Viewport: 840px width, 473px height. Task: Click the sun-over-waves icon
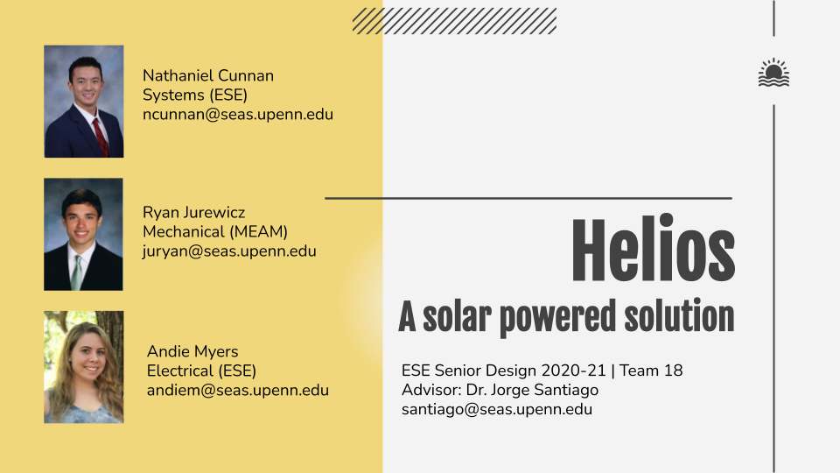(x=773, y=73)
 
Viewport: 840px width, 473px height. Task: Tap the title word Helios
(x=653, y=248)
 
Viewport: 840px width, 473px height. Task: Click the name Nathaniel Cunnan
(x=208, y=75)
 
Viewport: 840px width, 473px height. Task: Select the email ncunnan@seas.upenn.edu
(x=238, y=114)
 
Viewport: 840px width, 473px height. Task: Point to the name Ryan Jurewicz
(x=194, y=212)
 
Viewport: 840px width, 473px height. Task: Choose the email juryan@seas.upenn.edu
(x=229, y=251)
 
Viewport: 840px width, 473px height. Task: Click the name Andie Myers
(x=192, y=352)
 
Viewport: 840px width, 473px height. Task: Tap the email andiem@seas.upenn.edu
(x=238, y=390)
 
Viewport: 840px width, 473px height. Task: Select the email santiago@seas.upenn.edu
(x=497, y=409)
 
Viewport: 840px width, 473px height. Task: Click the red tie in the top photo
(x=100, y=137)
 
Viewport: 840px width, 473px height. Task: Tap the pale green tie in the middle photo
(x=77, y=272)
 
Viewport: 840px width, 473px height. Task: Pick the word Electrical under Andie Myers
(x=172, y=371)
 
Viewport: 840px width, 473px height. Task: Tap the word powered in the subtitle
(x=557, y=318)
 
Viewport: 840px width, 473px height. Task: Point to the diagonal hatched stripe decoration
(x=454, y=21)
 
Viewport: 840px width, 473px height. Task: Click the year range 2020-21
(x=573, y=371)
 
